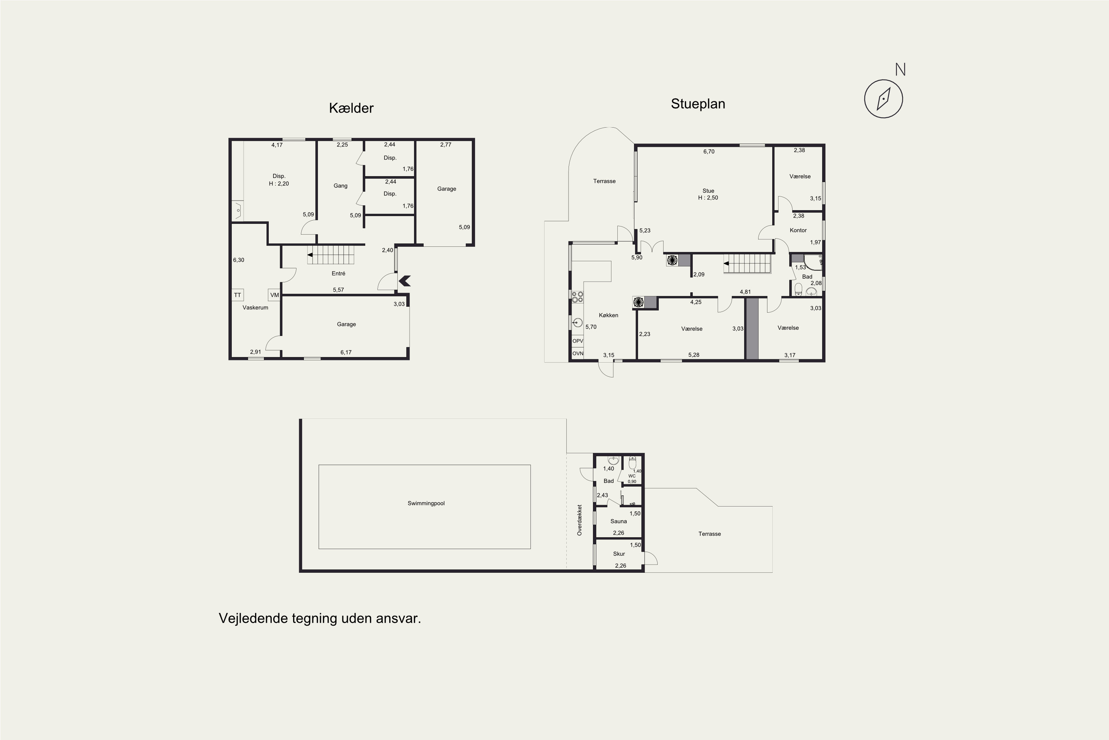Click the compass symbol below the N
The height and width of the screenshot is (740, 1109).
coord(883,99)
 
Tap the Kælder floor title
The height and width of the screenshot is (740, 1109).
coord(351,108)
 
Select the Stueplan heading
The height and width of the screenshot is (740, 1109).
coord(698,104)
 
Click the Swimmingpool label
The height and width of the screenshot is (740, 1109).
coord(426,503)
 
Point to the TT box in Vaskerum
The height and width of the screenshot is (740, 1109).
coord(238,295)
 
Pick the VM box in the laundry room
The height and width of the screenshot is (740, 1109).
coord(274,295)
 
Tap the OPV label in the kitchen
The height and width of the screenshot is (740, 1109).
coord(577,341)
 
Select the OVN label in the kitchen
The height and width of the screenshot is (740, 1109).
coord(577,353)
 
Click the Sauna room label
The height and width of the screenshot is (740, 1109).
coord(618,521)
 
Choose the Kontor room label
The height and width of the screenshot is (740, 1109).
coord(798,230)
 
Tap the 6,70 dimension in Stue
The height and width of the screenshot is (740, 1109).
coord(709,151)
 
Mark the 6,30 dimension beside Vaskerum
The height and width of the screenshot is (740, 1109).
coord(238,260)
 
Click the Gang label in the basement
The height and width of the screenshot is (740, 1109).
coord(340,185)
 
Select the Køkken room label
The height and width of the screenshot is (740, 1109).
coord(608,315)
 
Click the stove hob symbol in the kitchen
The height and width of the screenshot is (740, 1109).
coord(577,297)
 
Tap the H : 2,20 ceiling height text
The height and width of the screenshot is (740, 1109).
coord(279,184)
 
